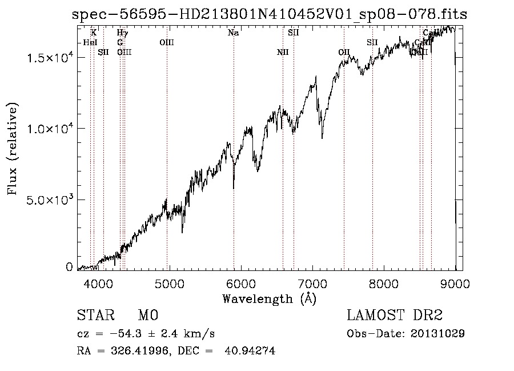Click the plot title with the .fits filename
270,14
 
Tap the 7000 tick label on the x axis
312,282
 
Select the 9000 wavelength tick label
455,282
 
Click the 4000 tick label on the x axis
98,282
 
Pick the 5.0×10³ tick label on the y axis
49,200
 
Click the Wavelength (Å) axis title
269,298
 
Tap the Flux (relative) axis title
13,148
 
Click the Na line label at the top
233,33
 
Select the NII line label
283,52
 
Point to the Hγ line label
122,33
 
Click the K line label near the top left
94,33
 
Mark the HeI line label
90,42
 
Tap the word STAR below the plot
93,316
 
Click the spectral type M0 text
148,316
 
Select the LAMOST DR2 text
395,316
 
